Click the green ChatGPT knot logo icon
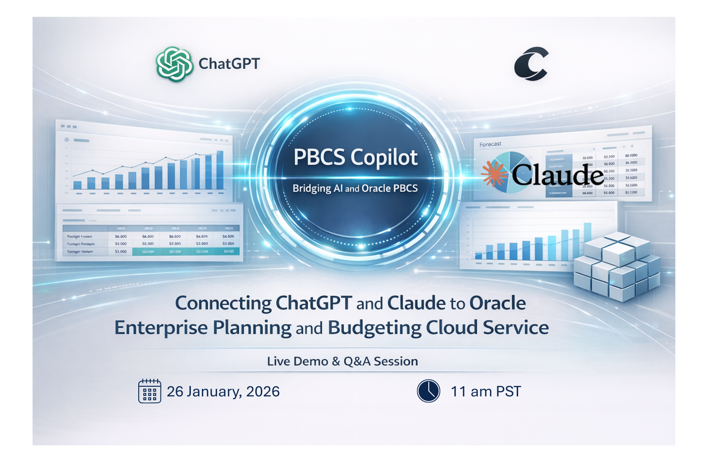tap(174, 64)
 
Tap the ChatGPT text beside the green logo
tap(229, 64)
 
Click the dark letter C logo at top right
tap(531, 64)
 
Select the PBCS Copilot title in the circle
tap(355, 158)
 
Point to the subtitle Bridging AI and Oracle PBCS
tap(355, 189)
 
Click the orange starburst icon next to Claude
tap(493, 174)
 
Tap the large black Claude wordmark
tap(557, 175)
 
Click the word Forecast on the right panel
tap(490, 144)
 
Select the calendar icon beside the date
tap(150, 391)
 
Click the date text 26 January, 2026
tap(223, 392)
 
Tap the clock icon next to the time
tap(429, 391)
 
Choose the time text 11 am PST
tap(486, 392)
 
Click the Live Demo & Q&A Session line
tap(342, 361)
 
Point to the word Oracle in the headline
tap(497, 303)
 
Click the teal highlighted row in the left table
tap(185, 252)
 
